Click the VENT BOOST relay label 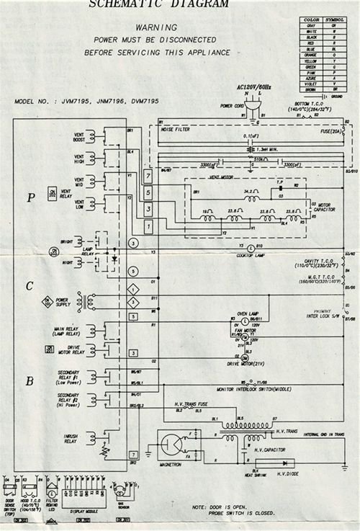[79, 136]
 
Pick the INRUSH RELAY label [71, 439]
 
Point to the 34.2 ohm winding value [250, 192]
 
